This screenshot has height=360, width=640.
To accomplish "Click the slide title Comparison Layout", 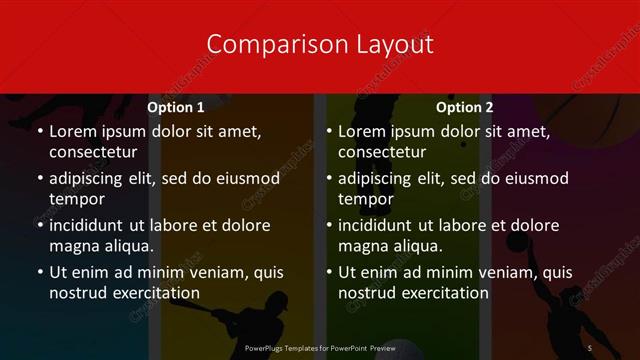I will (320, 44).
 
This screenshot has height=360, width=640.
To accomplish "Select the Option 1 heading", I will (176, 107).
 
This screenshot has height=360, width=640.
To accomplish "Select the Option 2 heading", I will (465, 107).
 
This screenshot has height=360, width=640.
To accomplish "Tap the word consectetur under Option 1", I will (93, 152).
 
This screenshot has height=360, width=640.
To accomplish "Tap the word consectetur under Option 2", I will (382, 152).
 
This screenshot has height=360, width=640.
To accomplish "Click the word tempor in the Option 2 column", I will (364, 199).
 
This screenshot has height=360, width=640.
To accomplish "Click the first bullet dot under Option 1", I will (39, 131).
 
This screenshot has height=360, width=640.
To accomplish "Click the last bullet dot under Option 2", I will (328, 272).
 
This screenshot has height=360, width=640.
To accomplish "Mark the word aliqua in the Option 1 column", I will (127, 246).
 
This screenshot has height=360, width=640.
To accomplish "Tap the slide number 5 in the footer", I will (591, 347).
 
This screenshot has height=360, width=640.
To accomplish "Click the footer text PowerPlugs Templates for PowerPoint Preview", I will (320, 347).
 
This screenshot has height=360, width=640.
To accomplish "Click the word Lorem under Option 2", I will (361, 131).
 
